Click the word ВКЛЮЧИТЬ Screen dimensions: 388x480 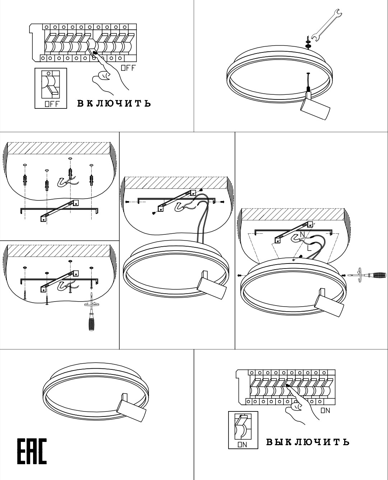pos(114,103)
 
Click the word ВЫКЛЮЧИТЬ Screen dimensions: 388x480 pos(308,442)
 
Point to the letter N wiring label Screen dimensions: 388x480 pos(302,234)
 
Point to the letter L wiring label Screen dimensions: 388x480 pos(309,248)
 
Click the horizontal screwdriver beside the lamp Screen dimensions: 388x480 pos(367,275)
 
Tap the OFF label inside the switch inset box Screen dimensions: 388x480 pos(52,104)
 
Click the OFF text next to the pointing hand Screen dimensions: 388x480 pos(128,68)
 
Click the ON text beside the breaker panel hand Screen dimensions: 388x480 pos(325,411)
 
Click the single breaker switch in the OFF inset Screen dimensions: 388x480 pos(51,84)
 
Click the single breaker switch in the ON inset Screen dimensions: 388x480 pos(243,427)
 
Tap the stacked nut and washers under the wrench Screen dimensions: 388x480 pos(308,43)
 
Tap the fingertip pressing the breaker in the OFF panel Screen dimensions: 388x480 pos(95,53)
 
